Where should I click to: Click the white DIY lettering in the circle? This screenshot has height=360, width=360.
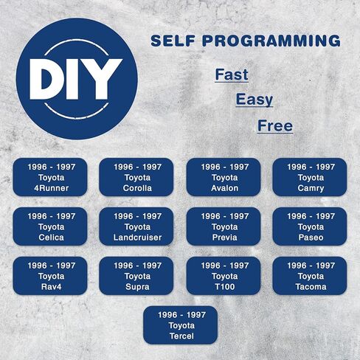76,79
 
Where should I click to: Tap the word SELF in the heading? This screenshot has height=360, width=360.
173,41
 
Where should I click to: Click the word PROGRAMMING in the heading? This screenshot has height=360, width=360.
271,41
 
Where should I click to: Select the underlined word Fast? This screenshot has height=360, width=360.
232,75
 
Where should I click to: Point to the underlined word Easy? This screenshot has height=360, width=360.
255,100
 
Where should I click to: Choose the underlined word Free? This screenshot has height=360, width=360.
275,125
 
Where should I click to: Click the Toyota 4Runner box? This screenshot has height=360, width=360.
50,177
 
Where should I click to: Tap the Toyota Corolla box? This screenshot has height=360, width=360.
136,177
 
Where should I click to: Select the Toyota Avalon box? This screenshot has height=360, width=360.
224,177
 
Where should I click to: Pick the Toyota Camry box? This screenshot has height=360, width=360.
310,177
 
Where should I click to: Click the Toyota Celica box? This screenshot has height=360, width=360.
50,226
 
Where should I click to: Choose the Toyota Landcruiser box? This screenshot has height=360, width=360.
136,226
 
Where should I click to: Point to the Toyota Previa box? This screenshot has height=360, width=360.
224,226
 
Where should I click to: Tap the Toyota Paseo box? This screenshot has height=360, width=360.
310,226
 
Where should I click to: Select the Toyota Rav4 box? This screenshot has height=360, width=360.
50,276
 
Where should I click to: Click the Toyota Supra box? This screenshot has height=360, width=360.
136,276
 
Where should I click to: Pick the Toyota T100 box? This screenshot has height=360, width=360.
224,276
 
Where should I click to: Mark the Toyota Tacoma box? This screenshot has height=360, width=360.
310,276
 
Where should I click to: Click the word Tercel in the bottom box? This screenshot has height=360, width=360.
181,336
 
